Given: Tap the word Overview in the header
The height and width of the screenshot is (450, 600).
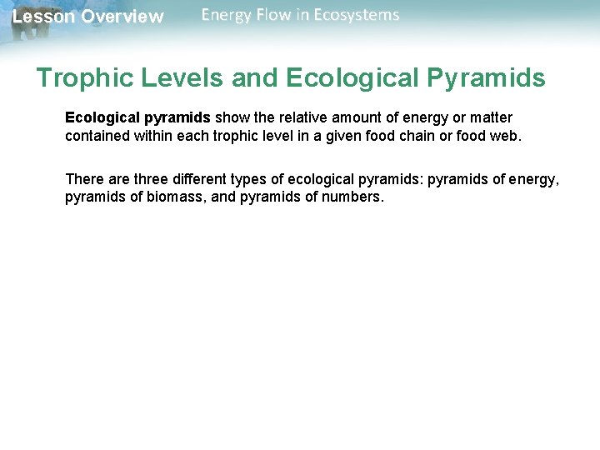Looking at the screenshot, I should [122, 17].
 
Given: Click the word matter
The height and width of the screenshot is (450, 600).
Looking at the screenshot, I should [490, 117].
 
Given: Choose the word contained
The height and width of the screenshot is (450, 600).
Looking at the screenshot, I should [97, 136].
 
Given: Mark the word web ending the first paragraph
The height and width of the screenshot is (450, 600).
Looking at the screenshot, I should [507, 136].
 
